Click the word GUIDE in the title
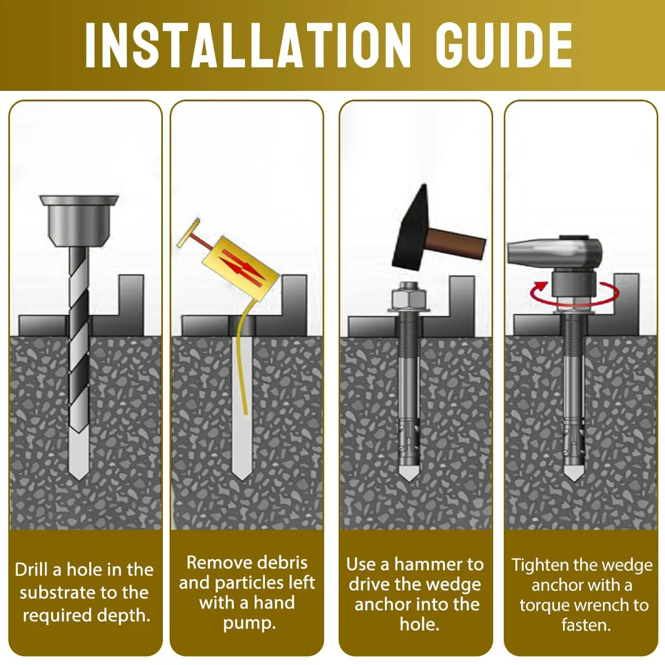(504, 45)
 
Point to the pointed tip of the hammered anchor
(409, 480)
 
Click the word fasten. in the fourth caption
(586, 625)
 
